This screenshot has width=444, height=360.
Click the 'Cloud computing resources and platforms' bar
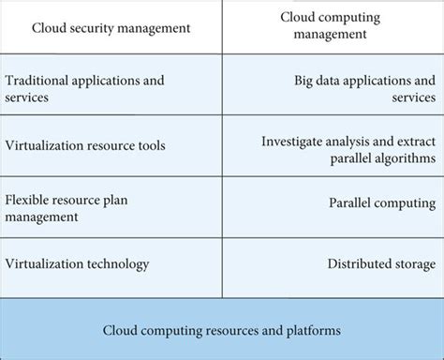coord(222,329)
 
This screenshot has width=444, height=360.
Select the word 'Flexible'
coord(29,198)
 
